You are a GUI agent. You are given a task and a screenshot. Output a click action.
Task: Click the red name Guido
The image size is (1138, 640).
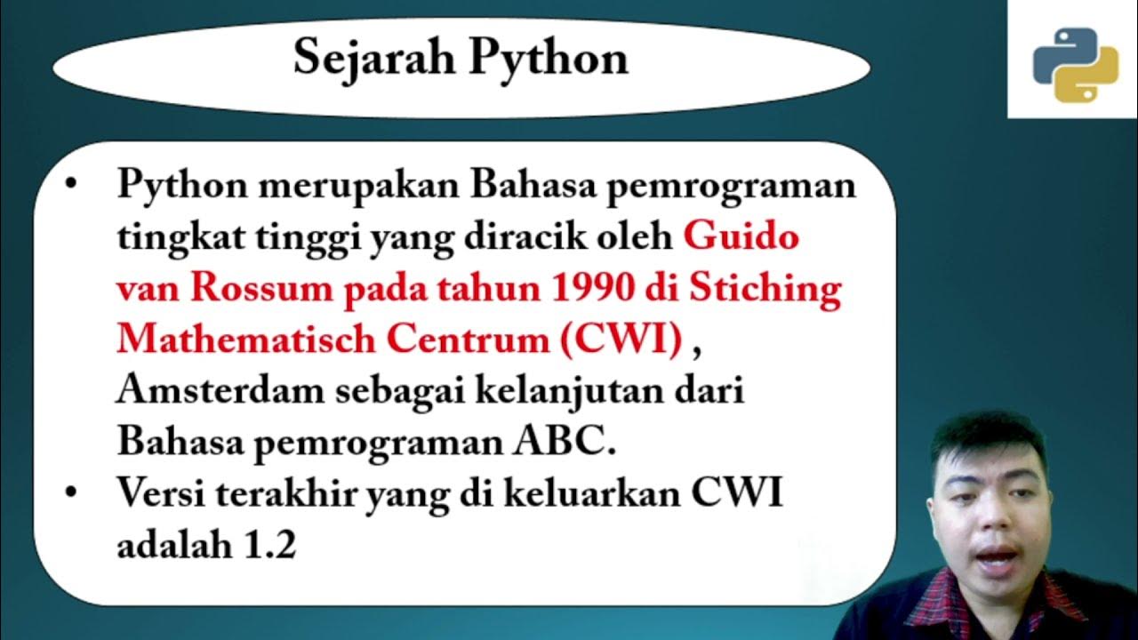click(741, 237)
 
